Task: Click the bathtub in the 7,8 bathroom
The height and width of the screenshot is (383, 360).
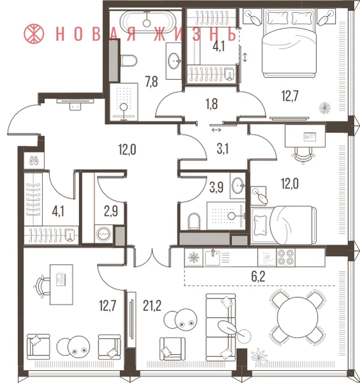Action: point(147,22)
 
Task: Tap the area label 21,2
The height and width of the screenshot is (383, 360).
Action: point(152,305)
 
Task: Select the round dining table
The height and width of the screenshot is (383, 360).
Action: point(297,317)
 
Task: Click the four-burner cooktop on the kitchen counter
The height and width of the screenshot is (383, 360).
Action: point(285,257)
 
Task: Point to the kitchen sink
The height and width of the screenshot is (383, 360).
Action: point(212,257)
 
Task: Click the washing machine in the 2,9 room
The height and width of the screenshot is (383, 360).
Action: point(104,234)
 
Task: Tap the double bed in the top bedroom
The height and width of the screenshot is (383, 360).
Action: point(290,42)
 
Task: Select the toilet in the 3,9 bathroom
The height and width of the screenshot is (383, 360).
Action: point(194,221)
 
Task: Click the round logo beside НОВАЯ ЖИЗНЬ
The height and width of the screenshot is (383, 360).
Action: point(34,34)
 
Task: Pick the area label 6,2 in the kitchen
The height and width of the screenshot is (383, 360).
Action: point(258,276)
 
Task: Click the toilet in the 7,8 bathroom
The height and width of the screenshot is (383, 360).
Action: point(129,61)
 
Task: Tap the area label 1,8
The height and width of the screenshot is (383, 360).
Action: point(211,103)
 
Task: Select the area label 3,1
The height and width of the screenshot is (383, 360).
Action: point(223,149)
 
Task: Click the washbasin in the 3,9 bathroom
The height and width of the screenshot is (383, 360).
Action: point(238,185)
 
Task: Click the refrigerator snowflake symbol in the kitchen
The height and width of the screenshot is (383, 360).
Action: point(193,257)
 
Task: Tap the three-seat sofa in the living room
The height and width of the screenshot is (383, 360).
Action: point(221,327)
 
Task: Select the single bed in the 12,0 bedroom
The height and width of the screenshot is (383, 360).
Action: point(283,225)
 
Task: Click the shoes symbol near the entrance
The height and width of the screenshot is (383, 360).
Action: point(34,161)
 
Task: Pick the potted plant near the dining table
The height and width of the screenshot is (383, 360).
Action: point(259,356)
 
